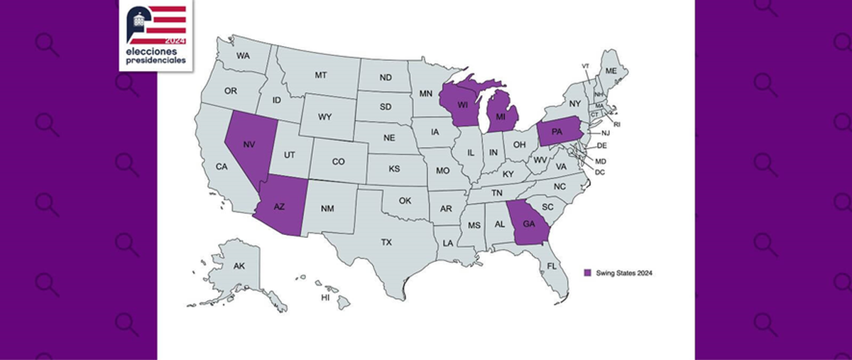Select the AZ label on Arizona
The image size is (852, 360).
point(280,207)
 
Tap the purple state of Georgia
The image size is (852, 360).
point(528,223)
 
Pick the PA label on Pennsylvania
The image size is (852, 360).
point(557,133)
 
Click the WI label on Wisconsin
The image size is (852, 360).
point(462,104)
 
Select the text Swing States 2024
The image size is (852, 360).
point(624,273)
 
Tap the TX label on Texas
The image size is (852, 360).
point(386,242)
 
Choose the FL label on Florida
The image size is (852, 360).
point(552,266)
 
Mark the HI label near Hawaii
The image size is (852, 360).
point(325,298)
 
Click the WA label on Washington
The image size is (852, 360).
point(244,55)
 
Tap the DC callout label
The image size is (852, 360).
point(600,172)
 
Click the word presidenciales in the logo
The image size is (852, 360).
point(157,62)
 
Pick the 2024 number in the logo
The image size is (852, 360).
point(174,42)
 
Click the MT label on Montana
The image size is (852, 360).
point(320,75)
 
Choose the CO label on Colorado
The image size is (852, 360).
point(339,161)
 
